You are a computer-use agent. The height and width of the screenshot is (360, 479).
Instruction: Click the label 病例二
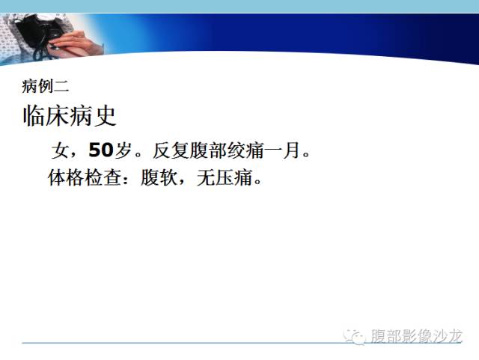click(45, 86)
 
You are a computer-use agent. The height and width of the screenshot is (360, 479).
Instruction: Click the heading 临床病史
click(70, 116)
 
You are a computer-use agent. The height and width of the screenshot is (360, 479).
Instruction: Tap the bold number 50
click(100, 150)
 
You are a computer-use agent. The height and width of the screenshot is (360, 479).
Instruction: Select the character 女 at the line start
click(60, 150)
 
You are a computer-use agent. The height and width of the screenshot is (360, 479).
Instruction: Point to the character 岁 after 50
click(123, 150)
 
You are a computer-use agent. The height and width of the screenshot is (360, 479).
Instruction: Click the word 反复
click(171, 150)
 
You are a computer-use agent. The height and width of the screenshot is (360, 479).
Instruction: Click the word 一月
click(281, 150)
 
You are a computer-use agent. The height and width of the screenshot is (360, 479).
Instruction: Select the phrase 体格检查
click(85, 177)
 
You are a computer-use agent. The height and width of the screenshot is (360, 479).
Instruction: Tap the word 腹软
click(159, 177)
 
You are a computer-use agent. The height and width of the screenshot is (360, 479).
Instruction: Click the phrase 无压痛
click(225, 177)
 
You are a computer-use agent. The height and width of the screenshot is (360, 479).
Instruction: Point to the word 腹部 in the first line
click(209, 150)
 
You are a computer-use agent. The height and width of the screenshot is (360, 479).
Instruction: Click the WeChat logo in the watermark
click(355, 337)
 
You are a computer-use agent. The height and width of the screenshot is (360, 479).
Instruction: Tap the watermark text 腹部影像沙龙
click(417, 336)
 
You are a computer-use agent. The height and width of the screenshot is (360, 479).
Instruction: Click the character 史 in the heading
click(105, 116)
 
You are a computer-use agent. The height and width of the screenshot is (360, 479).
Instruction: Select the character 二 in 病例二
click(61, 86)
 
